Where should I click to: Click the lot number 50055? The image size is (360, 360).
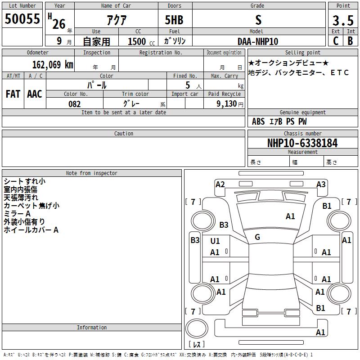coord(22,18)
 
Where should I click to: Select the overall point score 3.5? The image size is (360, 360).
coord(343,20)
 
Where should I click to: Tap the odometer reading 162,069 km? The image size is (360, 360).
coord(53,65)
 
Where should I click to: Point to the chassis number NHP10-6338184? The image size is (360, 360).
coord(302,143)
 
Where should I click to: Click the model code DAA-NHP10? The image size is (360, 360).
coord(257,41)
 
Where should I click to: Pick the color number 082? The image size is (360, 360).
coord(74,104)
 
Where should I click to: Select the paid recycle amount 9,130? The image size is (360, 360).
coord(227,103)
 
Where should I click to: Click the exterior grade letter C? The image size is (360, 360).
coord(336,41)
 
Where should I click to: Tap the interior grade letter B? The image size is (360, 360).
coord(350,41)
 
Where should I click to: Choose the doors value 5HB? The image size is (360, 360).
coord(174,20)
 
